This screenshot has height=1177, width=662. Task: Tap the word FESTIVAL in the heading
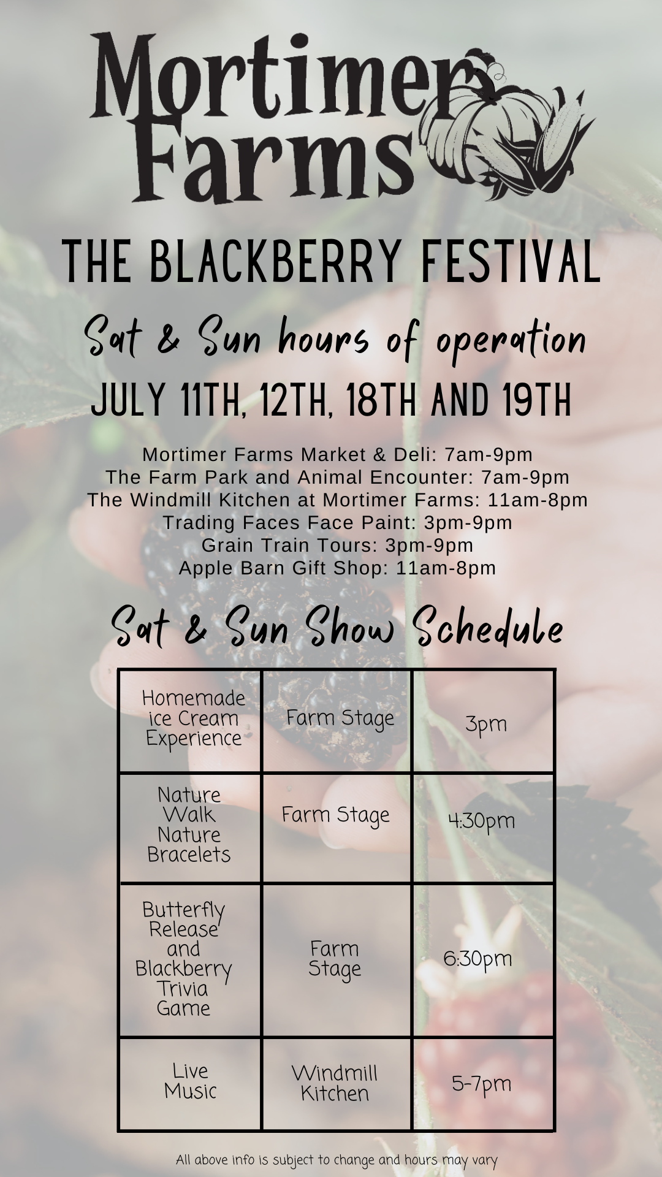point(510,262)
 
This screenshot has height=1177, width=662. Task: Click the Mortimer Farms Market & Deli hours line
point(337,455)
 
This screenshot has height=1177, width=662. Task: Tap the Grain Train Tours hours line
point(337,545)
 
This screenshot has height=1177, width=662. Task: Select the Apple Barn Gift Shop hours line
point(337,568)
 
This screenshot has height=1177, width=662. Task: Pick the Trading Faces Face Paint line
point(337,522)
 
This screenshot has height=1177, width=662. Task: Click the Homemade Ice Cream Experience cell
point(190,720)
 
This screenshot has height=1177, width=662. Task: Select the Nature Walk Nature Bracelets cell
point(190,828)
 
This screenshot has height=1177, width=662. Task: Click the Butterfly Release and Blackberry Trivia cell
point(190,960)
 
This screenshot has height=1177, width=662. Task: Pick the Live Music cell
point(190,1084)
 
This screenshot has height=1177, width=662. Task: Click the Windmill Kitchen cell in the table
point(337,1084)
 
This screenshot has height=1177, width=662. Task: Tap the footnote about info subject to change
point(337,1160)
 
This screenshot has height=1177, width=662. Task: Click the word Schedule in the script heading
point(488,627)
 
